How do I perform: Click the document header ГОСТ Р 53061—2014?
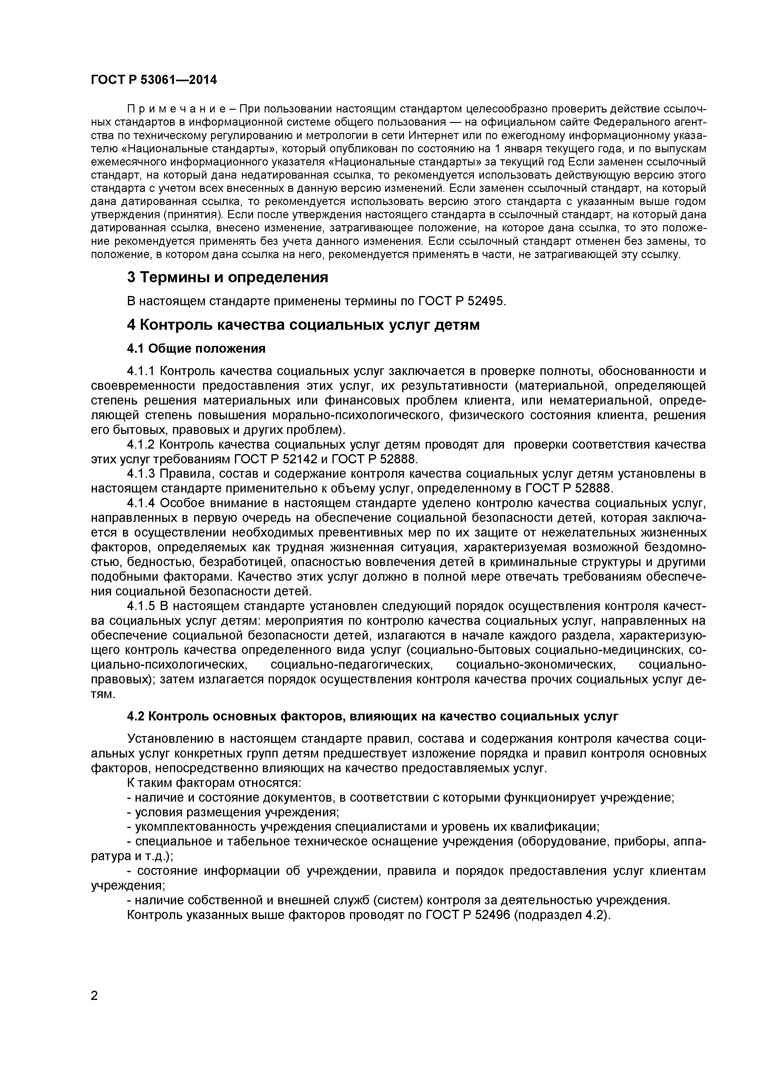click(x=154, y=80)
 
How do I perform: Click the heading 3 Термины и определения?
click(x=227, y=277)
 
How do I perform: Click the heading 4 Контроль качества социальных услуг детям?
click(x=303, y=325)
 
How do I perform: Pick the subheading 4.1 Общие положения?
click(x=196, y=348)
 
